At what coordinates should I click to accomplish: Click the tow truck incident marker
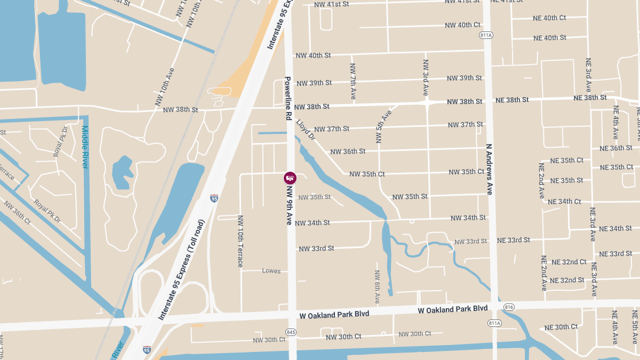[290, 178]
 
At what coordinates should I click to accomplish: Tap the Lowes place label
[271, 271]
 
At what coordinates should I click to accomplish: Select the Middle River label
[85, 147]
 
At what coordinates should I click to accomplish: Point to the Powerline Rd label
[288, 98]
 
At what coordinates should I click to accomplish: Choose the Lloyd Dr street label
[306, 130]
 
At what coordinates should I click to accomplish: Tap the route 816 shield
[508, 307]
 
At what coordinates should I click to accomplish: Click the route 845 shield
[291, 332]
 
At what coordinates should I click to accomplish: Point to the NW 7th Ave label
[353, 81]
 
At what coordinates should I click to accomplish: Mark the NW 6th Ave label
[377, 287]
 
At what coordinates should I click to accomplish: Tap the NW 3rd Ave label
[426, 77]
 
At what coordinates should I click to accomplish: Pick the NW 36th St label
[348, 151]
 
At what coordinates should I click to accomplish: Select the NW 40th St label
[313, 55]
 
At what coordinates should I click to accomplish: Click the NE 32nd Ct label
[569, 262]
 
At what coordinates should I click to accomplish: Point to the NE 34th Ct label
[564, 202]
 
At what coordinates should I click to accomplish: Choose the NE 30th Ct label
[561, 327]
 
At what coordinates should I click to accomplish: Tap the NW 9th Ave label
[290, 205]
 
